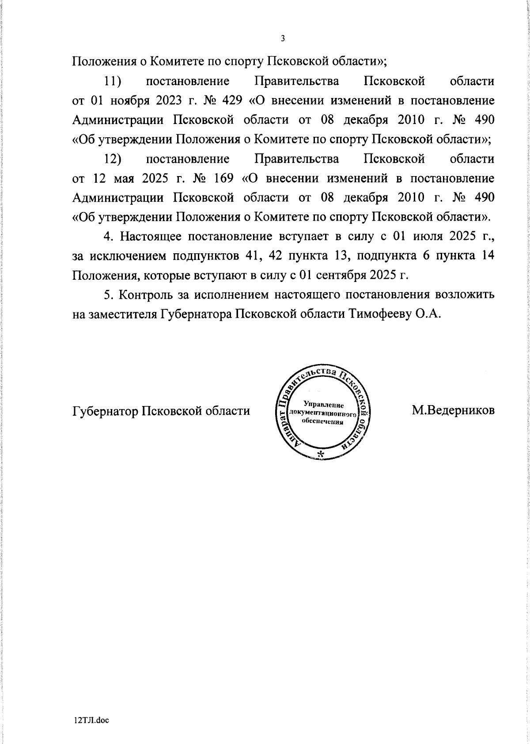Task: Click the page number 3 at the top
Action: click(283, 38)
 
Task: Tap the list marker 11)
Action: click(113, 81)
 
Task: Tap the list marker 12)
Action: click(113, 159)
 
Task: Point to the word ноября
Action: click(128, 101)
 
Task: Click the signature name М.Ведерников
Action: click(453, 410)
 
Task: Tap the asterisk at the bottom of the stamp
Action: click(321, 454)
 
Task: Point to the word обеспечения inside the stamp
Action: click(322, 422)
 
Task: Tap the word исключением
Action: click(129, 256)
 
